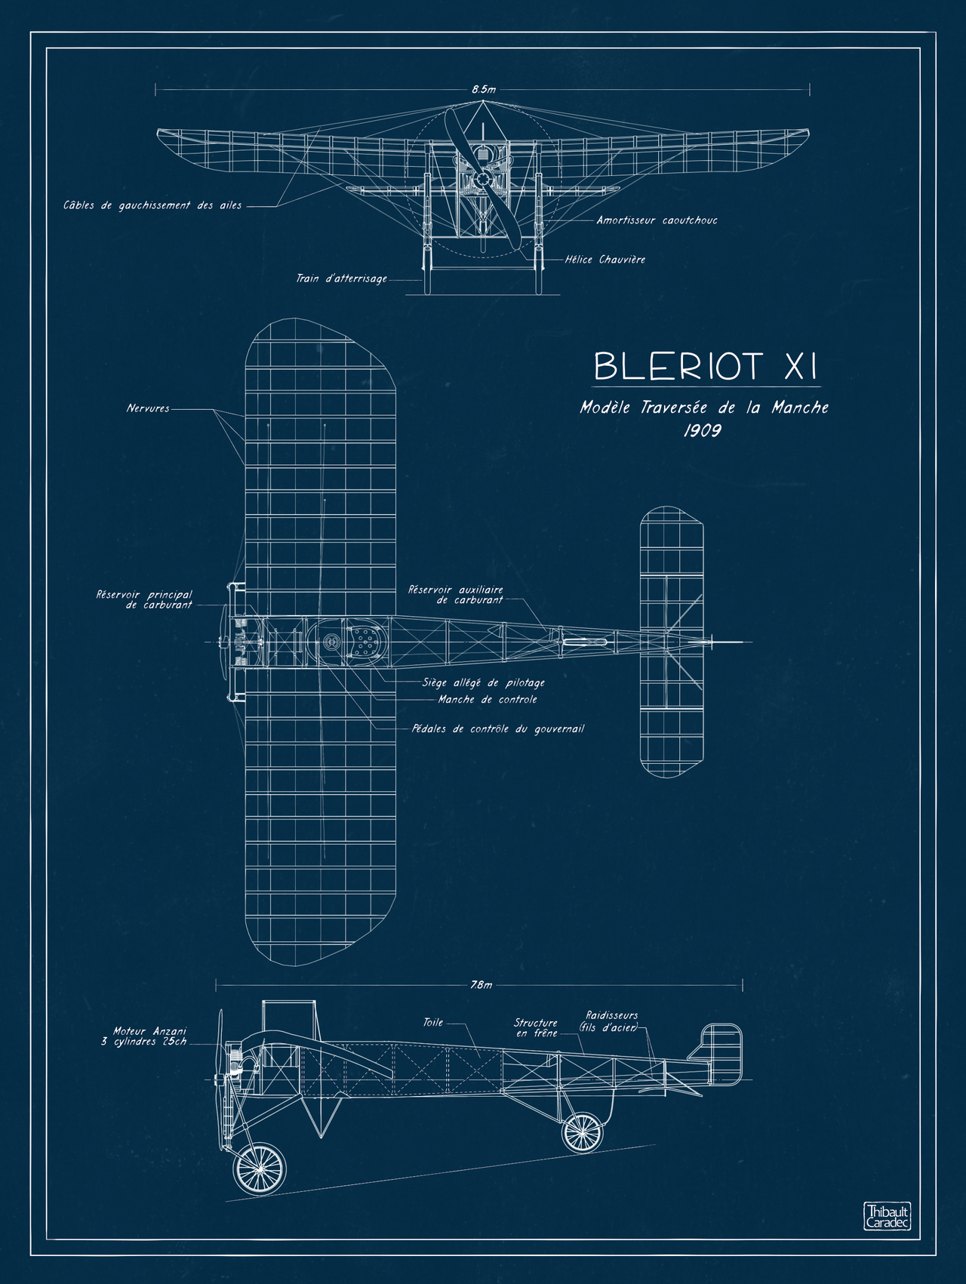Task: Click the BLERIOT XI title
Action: click(x=705, y=367)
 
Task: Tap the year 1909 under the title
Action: click(x=702, y=430)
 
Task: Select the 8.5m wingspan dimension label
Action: click(x=484, y=89)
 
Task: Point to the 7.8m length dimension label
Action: click(x=481, y=985)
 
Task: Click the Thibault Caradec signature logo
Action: click(x=887, y=1216)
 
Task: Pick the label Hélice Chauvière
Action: click(x=605, y=260)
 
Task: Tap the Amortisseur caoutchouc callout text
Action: click(x=657, y=220)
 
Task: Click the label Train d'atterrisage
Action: click(x=341, y=279)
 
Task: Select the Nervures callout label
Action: click(x=148, y=408)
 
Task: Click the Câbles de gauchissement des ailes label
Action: click(x=152, y=205)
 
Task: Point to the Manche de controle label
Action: click(x=488, y=700)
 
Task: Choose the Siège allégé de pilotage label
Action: click(x=483, y=682)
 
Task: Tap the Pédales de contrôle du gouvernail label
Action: click(x=497, y=729)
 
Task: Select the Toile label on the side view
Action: click(x=432, y=1022)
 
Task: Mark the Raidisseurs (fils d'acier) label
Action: click(x=611, y=1021)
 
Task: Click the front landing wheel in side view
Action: click(x=260, y=1169)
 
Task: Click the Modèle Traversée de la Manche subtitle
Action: click(x=703, y=408)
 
